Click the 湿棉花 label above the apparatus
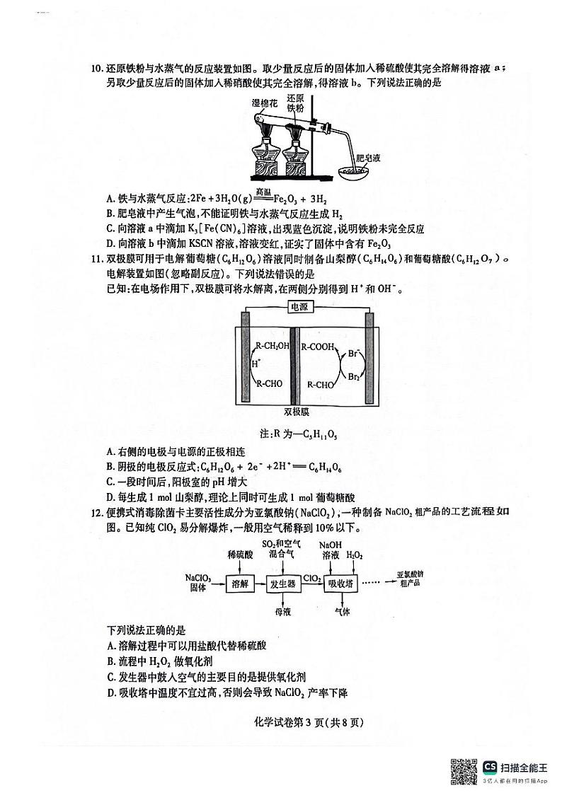click(x=265, y=103)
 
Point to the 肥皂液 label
click(x=368, y=158)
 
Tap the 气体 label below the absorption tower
click(x=341, y=610)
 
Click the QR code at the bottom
click(x=464, y=767)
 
